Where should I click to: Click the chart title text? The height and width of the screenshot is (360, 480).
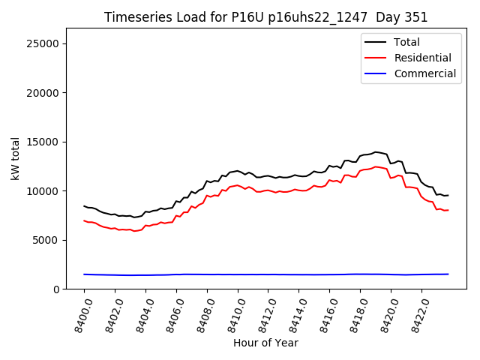[x=265, y=17]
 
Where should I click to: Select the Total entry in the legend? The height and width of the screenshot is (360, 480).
[x=406, y=42]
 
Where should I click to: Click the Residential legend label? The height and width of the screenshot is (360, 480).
[x=422, y=58]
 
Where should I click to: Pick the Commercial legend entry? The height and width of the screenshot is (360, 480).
[x=424, y=73]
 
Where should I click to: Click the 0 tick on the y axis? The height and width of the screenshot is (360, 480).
[x=56, y=289]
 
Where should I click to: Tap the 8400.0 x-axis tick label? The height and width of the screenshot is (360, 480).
[x=79, y=314]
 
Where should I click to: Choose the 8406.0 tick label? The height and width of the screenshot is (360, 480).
[x=171, y=314]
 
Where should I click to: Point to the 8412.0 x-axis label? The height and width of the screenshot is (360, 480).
[x=263, y=314]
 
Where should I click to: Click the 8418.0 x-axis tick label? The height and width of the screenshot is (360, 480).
[x=355, y=314]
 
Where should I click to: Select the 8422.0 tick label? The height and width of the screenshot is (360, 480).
[x=416, y=314]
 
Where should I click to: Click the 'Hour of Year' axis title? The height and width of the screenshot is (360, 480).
[x=265, y=343]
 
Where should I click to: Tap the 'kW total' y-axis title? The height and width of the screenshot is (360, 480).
[x=15, y=159]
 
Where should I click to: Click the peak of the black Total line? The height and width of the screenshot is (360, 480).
[x=376, y=152]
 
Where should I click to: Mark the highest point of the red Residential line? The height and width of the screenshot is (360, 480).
[x=376, y=166]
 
